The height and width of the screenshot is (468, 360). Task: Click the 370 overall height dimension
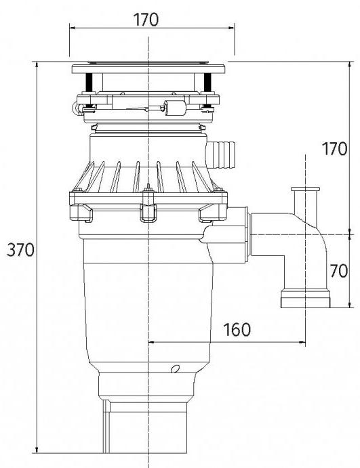[20, 249]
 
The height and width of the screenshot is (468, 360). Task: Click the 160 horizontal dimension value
[237, 330]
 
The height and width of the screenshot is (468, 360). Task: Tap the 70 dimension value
[339, 271]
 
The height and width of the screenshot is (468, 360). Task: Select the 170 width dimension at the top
[146, 20]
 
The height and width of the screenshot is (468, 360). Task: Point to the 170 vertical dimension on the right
[335, 148]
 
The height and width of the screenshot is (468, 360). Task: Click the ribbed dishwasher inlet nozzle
[222, 155]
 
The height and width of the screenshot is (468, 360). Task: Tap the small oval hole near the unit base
[176, 369]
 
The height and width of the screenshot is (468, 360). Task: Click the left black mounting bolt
[89, 83]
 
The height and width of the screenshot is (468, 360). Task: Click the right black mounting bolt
[207, 83]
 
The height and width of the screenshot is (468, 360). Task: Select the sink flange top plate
[148, 69]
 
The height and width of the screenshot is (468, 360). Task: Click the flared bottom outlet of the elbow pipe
[305, 298]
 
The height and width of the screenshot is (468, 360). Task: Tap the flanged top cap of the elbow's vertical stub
[305, 189]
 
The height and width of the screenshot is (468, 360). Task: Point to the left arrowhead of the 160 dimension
[151, 342]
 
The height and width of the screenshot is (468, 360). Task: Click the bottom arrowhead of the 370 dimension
[37, 450]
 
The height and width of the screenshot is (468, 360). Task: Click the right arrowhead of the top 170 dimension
[231, 28]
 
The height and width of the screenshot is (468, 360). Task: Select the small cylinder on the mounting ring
[175, 108]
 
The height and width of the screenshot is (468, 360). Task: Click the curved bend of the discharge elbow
[317, 236]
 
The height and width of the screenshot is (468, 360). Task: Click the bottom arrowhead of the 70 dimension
[350, 305]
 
